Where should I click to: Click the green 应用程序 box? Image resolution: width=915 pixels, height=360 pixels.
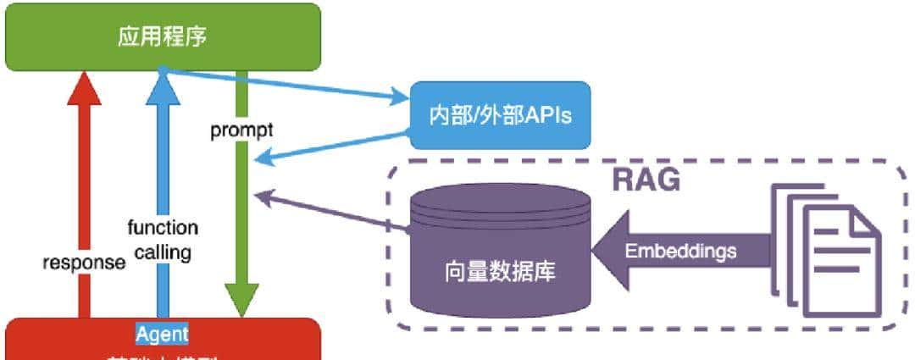(163, 37)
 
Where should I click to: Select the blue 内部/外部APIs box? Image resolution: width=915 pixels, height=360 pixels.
(499, 115)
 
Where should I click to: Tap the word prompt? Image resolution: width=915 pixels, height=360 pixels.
(241, 131)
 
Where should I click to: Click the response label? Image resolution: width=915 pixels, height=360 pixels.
(84, 262)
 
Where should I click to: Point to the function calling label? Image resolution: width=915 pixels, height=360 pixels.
(163, 240)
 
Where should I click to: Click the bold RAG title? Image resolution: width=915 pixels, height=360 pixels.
(646, 180)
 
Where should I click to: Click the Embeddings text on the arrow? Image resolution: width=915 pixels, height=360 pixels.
(680, 252)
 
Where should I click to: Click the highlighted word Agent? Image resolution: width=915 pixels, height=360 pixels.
(162, 333)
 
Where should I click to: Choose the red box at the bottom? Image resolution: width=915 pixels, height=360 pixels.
(163, 343)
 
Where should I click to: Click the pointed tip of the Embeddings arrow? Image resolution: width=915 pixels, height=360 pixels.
(596, 252)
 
